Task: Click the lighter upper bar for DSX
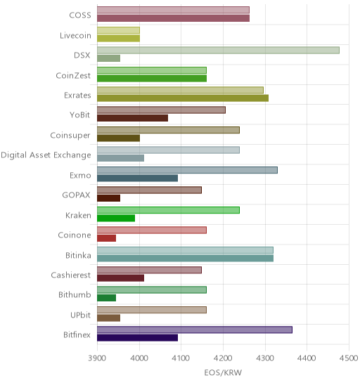point(218,51)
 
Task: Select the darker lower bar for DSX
point(108,58)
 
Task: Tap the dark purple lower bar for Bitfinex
point(137,338)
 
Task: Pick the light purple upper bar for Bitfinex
point(195,329)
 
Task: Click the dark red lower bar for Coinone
point(106,238)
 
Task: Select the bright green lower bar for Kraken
point(116,218)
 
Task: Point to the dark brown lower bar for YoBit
point(132,118)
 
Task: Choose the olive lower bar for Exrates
point(183,98)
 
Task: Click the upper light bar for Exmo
point(187,170)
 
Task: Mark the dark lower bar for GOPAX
point(108,198)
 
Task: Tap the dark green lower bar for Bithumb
point(106,298)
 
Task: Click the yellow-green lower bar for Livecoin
point(118,39)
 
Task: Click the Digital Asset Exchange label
point(46,155)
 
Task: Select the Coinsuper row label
point(70,136)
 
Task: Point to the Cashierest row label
point(71,275)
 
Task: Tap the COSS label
point(80,15)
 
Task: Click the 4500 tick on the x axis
point(349,358)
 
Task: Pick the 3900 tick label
point(97,358)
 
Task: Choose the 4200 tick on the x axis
point(223,358)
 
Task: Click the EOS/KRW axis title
point(223,373)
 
